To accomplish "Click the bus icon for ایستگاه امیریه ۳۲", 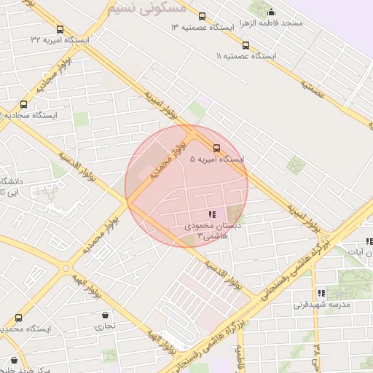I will tap(60, 30).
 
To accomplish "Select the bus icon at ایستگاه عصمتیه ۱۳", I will tap(202, 16).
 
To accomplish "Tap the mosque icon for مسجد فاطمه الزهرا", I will tap(272, 12).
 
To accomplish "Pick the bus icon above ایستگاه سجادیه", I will tap(23, 104).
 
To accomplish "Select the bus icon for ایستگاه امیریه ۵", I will tap(216, 148).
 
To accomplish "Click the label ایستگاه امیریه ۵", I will tap(216, 158).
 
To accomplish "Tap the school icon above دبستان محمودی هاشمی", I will tap(212, 214).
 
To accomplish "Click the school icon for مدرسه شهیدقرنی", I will tap(321, 292).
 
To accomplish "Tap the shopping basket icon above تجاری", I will tap(107, 315).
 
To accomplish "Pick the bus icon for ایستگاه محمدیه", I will tap(18, 318).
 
